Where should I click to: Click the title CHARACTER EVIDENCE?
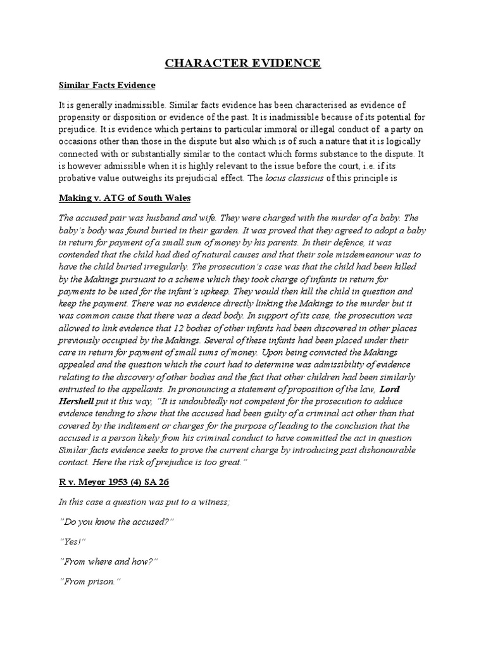pyautogui.click(x=243, y=63)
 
